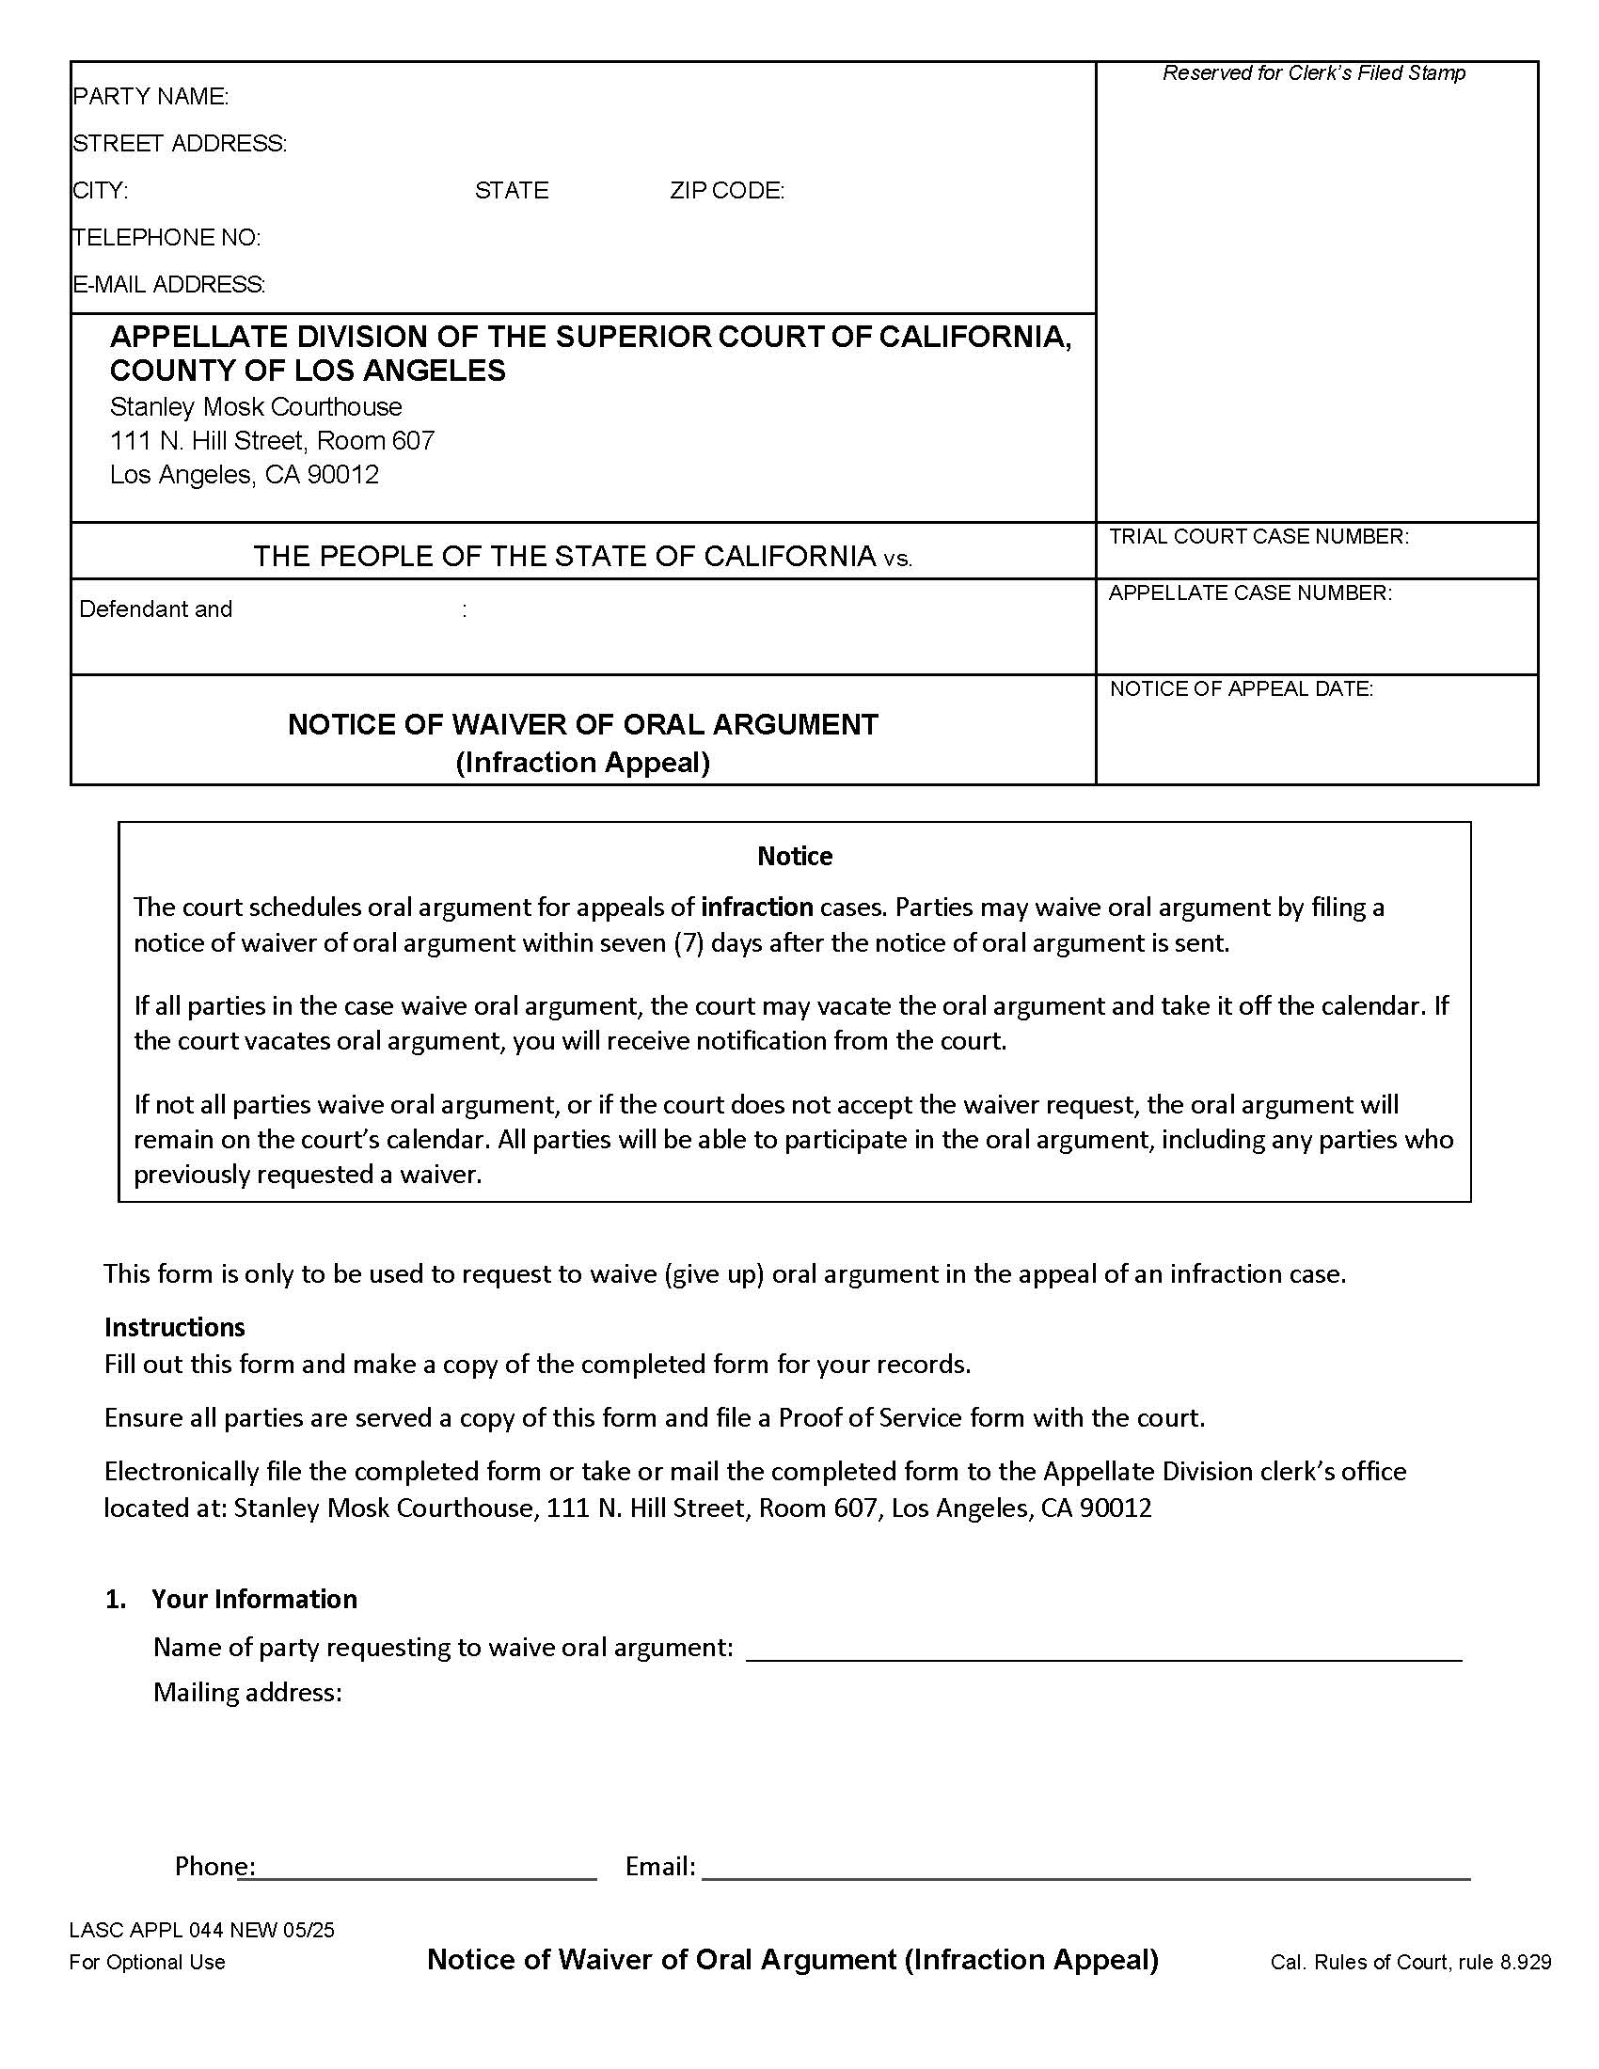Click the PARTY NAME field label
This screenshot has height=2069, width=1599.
(x=150, y=97)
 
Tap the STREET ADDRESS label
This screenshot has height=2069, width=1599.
(x=179, y=144)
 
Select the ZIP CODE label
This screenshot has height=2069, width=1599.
(x=726, y=191)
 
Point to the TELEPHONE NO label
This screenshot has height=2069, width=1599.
(x=166, y=238)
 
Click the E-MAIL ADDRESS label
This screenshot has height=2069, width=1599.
(x=168, y=284)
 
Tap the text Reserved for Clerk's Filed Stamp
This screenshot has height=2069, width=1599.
(x=1313, y=74)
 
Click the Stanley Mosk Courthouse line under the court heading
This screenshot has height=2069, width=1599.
(x=256, y=407)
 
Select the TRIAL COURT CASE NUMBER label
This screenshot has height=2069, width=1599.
(x=1258, y=537)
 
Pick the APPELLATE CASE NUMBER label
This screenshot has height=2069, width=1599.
(x=1249, y=594)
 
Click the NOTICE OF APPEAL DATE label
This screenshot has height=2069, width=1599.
(x=1241, y=689)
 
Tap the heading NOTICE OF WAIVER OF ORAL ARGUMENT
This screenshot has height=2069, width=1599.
(x=582, y=725)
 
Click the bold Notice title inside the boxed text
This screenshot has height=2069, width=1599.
(x=794, y=857)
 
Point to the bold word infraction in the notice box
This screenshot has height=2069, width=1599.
(x=756, y=908)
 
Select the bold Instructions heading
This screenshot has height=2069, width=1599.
(x=174, y=1326)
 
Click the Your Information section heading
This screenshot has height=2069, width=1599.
(x=254, y=1599)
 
